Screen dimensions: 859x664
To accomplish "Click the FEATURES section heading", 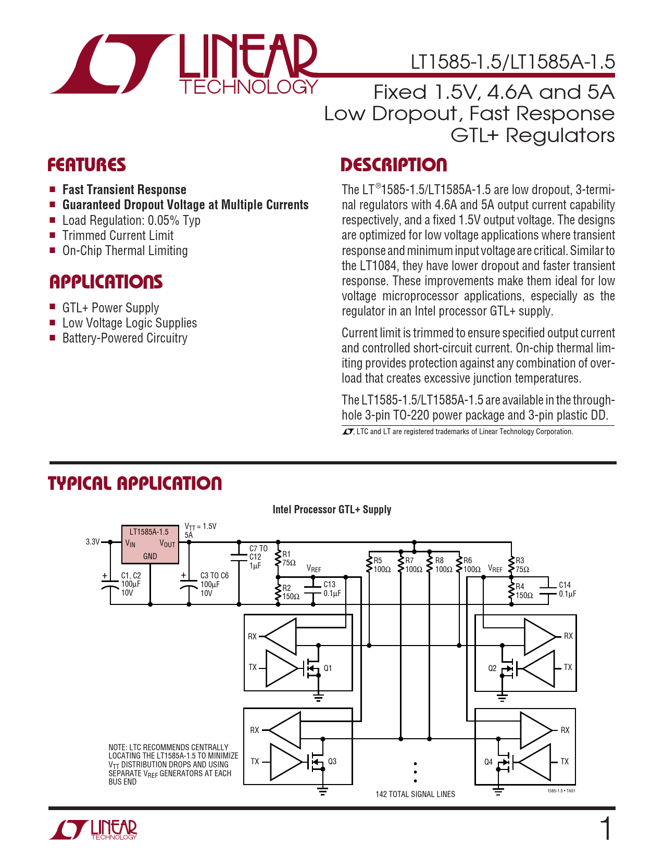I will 86,165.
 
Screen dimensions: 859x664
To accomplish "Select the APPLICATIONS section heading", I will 106,282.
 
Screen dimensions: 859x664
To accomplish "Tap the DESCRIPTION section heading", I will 394,165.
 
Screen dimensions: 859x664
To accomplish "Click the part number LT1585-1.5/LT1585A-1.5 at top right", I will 512,62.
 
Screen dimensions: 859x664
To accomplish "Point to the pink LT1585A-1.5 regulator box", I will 150,545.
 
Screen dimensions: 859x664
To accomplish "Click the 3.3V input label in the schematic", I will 93,542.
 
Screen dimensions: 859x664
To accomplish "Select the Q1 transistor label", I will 328,668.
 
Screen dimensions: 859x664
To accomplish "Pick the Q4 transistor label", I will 488,762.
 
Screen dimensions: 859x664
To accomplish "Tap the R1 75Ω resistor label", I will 289,559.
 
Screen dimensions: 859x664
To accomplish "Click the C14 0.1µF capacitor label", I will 567,589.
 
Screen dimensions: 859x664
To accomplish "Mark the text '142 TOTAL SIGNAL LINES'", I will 415,794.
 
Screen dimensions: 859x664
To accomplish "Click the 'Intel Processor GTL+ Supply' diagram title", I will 332,509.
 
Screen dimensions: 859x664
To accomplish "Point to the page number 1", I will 606,829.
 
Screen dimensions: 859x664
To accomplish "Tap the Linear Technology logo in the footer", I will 94,829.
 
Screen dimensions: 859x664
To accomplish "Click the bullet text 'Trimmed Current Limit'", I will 118,235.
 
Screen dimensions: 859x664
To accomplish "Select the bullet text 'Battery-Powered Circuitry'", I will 124,338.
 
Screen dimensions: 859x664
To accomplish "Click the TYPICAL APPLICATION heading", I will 135,483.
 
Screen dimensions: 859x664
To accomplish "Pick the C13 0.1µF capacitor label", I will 332,589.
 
